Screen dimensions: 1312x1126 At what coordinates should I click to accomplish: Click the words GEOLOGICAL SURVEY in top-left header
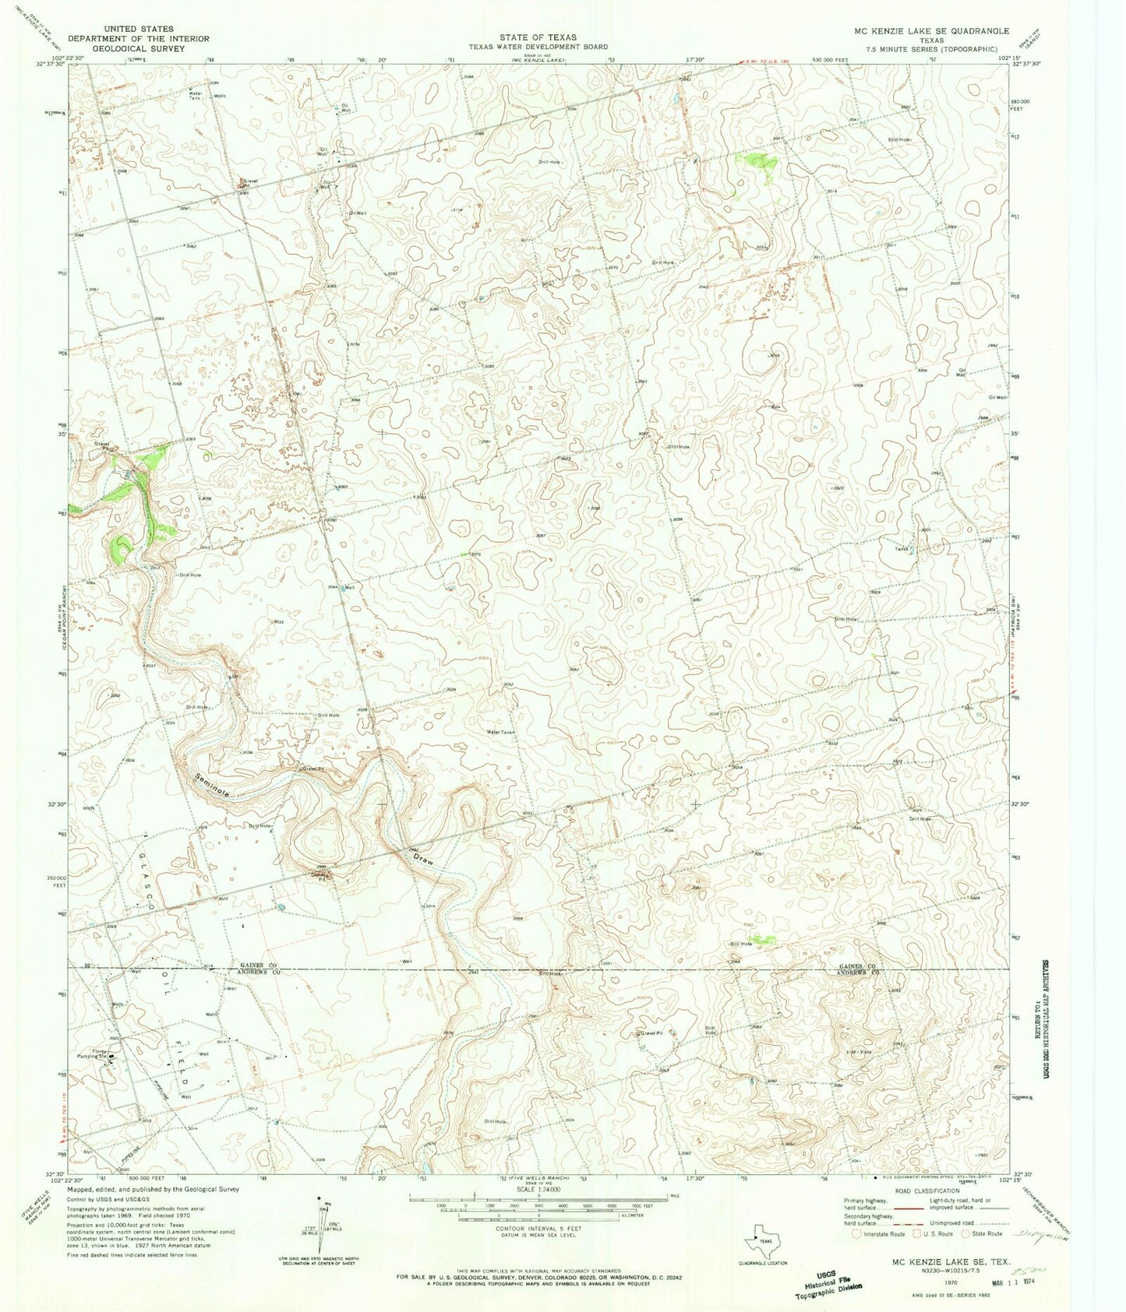[x=139, y=48]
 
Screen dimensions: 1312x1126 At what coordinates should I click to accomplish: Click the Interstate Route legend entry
[x=882, y=1233]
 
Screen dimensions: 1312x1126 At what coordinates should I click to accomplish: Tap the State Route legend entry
[x=984, y=1233]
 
